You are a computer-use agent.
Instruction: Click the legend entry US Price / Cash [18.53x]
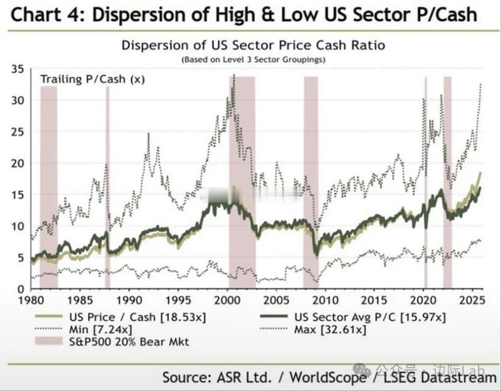pyautogui.click(x=137, y=317)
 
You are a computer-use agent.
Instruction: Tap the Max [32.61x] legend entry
pyautogui.click(x=330, y=330)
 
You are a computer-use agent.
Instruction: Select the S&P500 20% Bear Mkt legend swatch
pyautogui.click(x=49, y=342)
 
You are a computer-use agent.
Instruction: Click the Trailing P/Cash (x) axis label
pyautogui.click(x=92, y=79)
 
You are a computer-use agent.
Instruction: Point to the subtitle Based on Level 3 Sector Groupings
pyautogui.click(x=253, y=59)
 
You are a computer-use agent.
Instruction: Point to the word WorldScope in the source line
pyautogui.click(x=328, y=377)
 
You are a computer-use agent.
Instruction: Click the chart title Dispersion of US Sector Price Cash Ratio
pyautogui.click(x=253, y=46)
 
